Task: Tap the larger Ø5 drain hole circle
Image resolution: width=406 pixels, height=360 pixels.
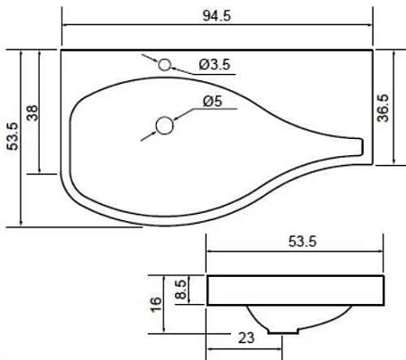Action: [x=165, y=125]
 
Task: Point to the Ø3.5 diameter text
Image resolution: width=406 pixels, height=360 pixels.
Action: [x=215, y=64]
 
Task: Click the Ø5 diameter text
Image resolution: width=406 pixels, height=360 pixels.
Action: [x=213, y=102]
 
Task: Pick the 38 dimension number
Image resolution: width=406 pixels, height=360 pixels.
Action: [x=32, y=112]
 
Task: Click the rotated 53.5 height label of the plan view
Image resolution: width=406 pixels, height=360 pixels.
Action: [x=11, y=137]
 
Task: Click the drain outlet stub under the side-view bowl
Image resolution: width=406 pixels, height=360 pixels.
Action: [x=287, y=329]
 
